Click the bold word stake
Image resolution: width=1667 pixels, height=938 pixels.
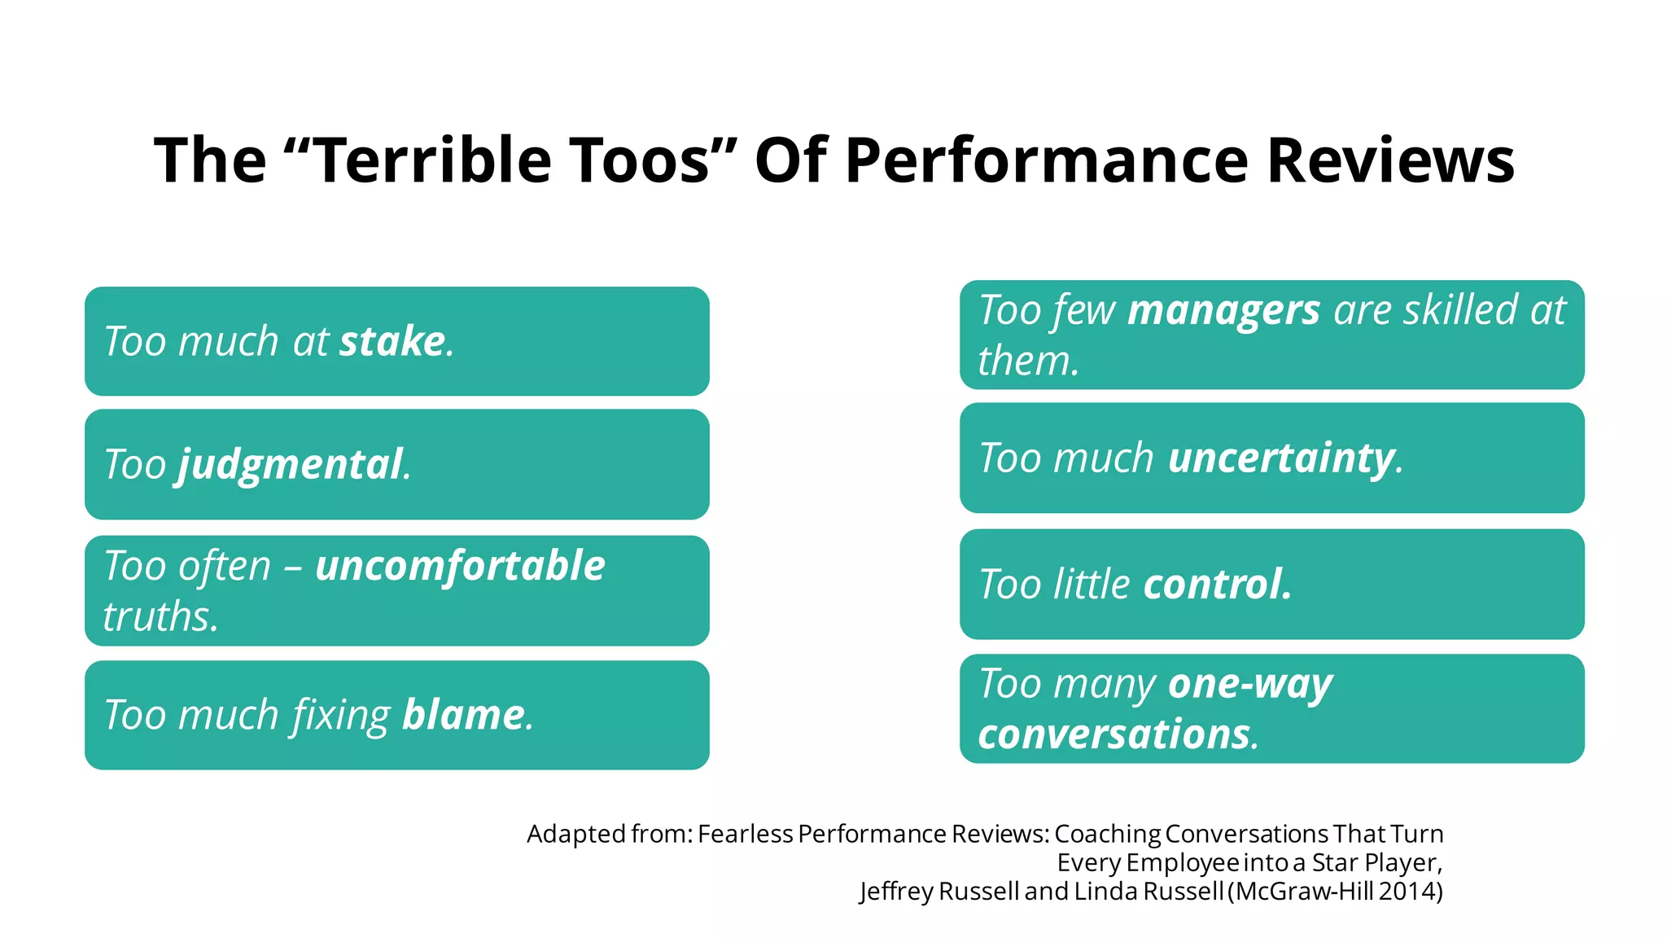[x=392, y=341]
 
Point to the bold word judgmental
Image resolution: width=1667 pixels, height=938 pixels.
[x=291, y=465]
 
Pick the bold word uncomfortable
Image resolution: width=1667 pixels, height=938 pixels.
[x=460, y=566]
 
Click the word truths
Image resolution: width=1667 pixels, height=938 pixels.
[x=160, y=616]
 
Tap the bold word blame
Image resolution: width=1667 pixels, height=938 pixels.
[x=463, y=715]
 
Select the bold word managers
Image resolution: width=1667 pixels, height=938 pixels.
[x=1223, y=310]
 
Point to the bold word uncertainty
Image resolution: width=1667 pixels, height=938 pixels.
[x=1282, y=458]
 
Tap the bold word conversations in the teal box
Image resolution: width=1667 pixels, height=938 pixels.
[x=1114, y=734]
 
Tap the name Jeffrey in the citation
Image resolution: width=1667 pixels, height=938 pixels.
[x=895, y=891]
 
